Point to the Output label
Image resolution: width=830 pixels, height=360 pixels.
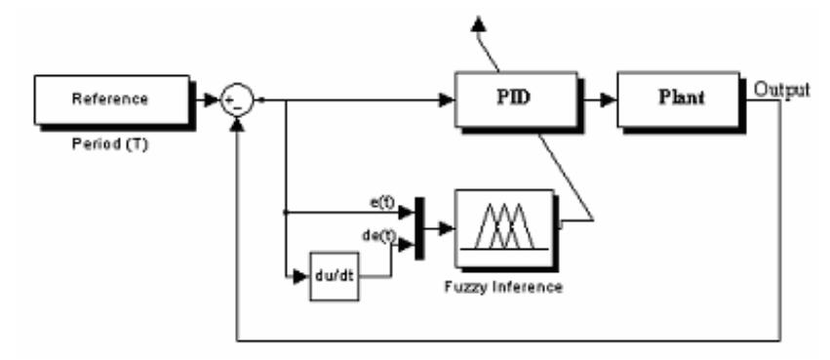tap(782, 89)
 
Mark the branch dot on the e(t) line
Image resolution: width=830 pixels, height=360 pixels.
tap(285, 211)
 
